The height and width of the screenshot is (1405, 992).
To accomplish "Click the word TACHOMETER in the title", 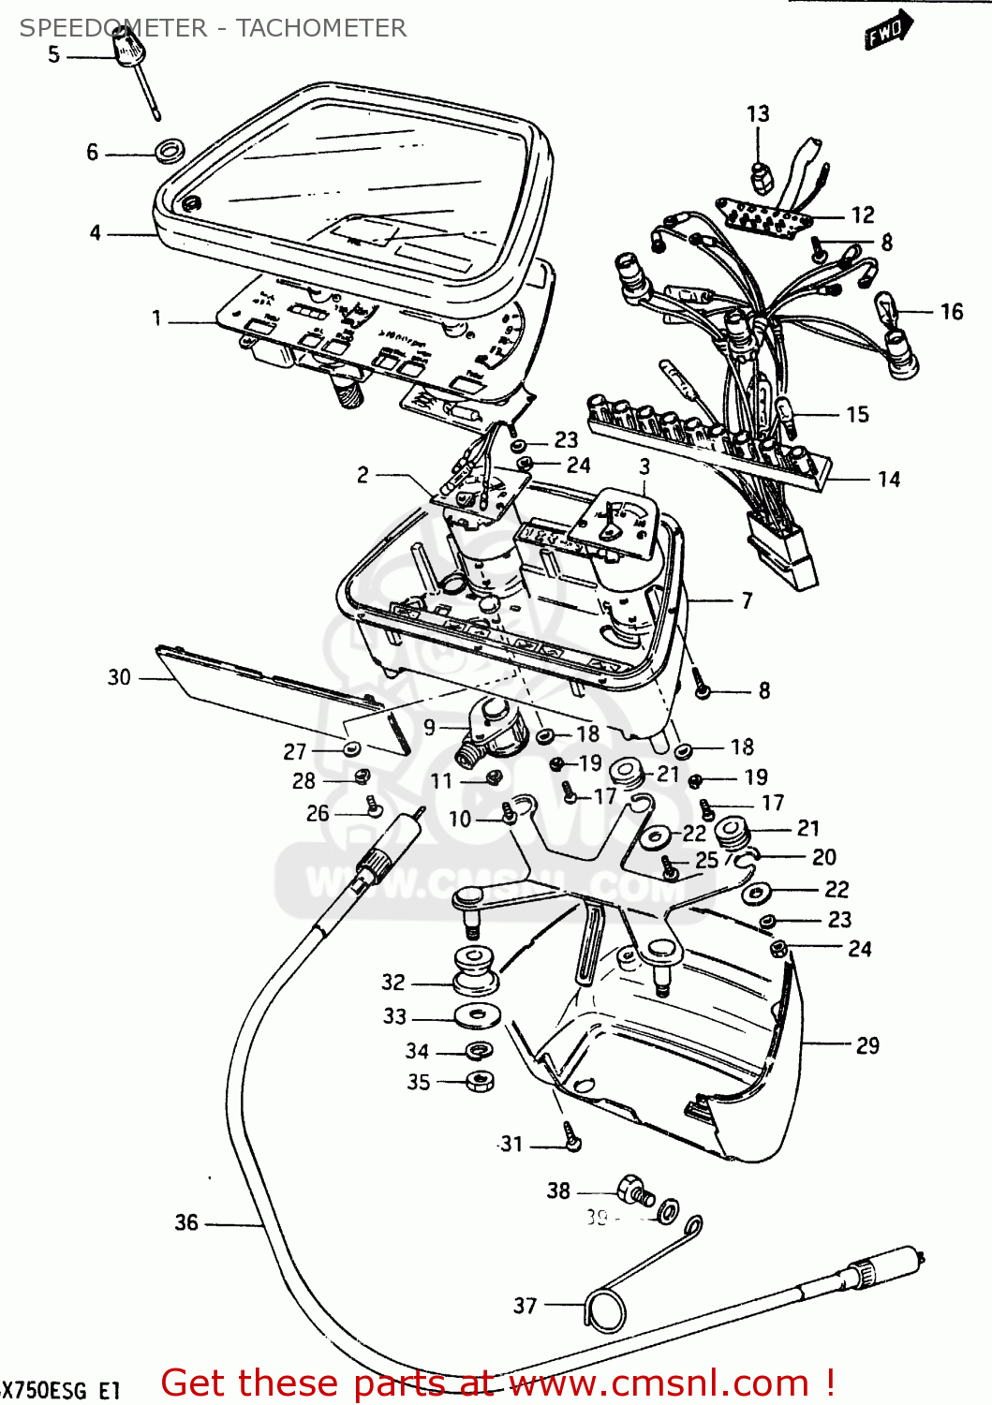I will point(321,28).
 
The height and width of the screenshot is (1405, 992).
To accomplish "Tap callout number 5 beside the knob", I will point(54,55).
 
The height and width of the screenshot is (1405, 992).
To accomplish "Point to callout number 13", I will point(758,114).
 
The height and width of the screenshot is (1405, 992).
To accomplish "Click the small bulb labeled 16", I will point(886,307).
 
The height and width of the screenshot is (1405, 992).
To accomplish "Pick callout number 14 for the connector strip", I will point(888,480).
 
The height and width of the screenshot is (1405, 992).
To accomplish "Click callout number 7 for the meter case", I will point(747,600).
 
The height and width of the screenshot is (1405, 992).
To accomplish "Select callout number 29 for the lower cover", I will point(867,1045).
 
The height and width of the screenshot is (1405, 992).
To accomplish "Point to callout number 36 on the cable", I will point(186,1222).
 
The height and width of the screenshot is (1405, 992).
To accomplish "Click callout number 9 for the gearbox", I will point(429,728).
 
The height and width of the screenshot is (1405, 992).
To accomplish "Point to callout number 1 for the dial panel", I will point(156,319).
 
